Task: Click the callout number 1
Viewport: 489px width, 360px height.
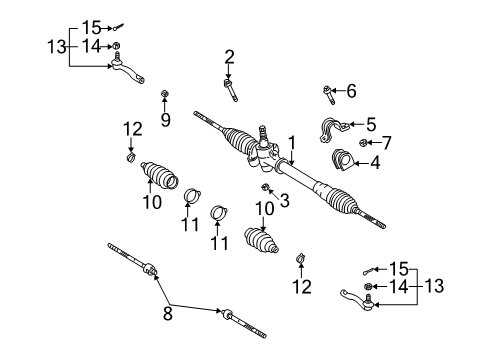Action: (x=292, y=143)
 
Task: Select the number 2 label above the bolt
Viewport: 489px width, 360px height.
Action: (x=229, y=57)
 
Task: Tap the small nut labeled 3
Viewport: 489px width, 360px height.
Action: (x=266, y=187)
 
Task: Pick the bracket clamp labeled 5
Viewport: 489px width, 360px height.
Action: (x=334, y=129)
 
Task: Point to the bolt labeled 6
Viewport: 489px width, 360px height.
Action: (x=329, y=94)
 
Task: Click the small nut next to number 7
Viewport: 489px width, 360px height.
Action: (x=363, y=143)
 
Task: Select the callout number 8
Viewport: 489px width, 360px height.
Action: (x=168, y=313)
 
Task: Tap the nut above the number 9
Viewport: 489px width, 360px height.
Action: (x=164, y=94)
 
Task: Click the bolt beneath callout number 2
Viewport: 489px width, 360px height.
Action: (x=230, y=90)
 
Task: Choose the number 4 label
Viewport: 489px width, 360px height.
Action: (x=375, y=163)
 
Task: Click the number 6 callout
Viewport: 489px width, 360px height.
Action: (x=351, y=91)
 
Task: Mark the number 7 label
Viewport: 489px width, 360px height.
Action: (x=386, y=143)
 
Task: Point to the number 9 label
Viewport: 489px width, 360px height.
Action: (x=165, y=120)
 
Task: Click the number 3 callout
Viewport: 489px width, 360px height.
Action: (x=284, y=200)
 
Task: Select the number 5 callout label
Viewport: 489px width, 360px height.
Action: (x=371, y=124)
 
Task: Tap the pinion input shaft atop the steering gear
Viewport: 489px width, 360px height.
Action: (x=263, y=133)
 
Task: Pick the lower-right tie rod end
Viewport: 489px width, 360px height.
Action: (x=358, y=300)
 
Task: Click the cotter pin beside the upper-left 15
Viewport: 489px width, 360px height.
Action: (x=118, y=27)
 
